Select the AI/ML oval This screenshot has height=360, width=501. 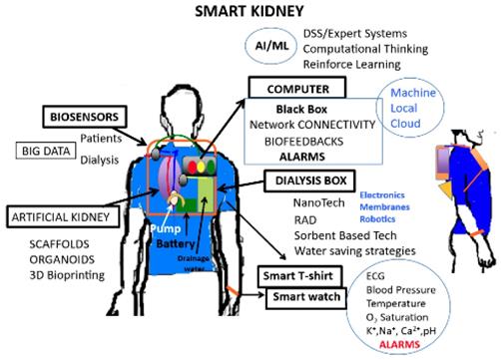[x=271, y=45]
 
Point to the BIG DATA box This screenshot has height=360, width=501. [x=46, y=151]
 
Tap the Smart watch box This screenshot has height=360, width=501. [x=305, y=297]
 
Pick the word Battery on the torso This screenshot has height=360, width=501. [x=174, y=243]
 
